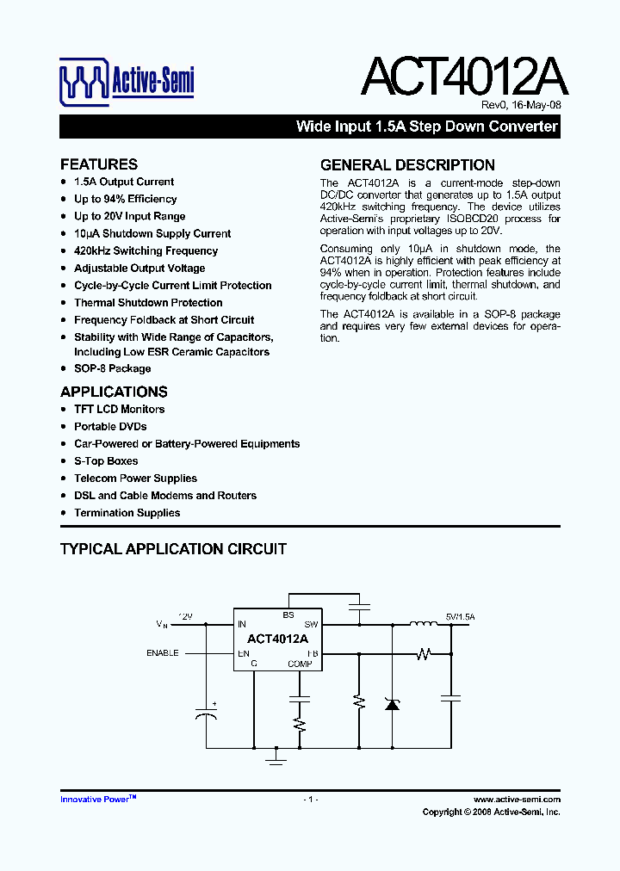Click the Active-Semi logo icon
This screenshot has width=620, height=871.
[84, 83]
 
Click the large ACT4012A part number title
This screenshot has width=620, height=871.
[464, 77]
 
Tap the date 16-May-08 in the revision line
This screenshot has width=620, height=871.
[536, 106]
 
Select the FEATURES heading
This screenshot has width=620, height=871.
[99, 164]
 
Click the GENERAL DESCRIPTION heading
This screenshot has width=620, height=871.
[407, 165]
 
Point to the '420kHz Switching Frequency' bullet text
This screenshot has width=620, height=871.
[146, 251]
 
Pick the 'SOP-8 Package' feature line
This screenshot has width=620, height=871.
[112, 368]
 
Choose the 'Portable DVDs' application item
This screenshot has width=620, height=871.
[110, 427]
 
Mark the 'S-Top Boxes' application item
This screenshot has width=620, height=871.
[106, 461]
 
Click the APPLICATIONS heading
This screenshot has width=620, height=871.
[114, 392]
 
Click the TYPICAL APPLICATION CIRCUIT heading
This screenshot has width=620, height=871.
[173, 549]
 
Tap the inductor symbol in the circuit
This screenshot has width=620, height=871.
[423, 624]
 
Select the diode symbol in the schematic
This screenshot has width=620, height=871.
[392, 703]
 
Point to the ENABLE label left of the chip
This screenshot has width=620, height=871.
[163, 653]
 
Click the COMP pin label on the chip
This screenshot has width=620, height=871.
[300, 664]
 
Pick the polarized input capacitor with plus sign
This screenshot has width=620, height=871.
[205, 715]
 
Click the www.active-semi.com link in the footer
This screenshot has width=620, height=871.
[517, 800]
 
